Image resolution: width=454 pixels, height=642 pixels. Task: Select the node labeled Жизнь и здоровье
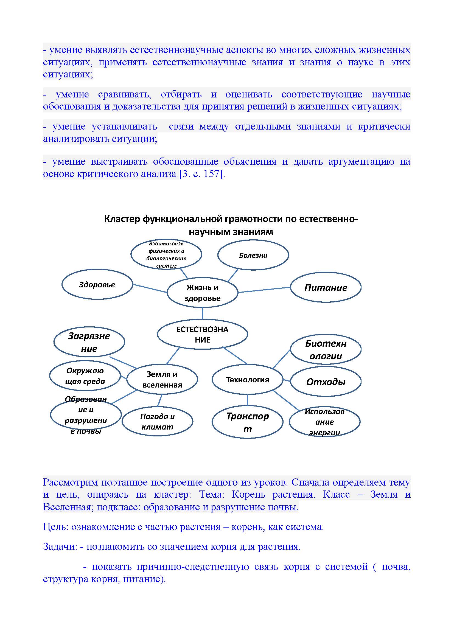pos(202,293)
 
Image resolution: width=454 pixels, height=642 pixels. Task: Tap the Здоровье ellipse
pos(97,284)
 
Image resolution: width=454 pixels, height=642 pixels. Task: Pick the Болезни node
pos(253,255)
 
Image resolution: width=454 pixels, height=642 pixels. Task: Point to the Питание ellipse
pos(326,287)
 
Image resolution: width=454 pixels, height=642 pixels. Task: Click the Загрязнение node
pos(89,342)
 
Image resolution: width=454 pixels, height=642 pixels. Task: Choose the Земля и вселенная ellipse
pos(162,379)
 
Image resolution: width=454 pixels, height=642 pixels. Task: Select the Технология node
pos(247,379)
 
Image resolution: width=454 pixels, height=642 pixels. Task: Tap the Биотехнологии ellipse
pos(326,349)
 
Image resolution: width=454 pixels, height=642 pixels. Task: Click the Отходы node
pos(326,382)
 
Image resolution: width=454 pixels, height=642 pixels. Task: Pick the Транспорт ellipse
pos(247,422)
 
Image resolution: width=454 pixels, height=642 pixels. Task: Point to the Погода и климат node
pos(157,421)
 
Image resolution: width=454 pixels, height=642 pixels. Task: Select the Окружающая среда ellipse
pos(85,375)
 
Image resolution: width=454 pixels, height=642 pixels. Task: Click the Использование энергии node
pos(324,422)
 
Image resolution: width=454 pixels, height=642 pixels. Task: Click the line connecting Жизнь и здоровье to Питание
pos(264,290)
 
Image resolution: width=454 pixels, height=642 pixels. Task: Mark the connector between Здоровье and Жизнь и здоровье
pos(150,288)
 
